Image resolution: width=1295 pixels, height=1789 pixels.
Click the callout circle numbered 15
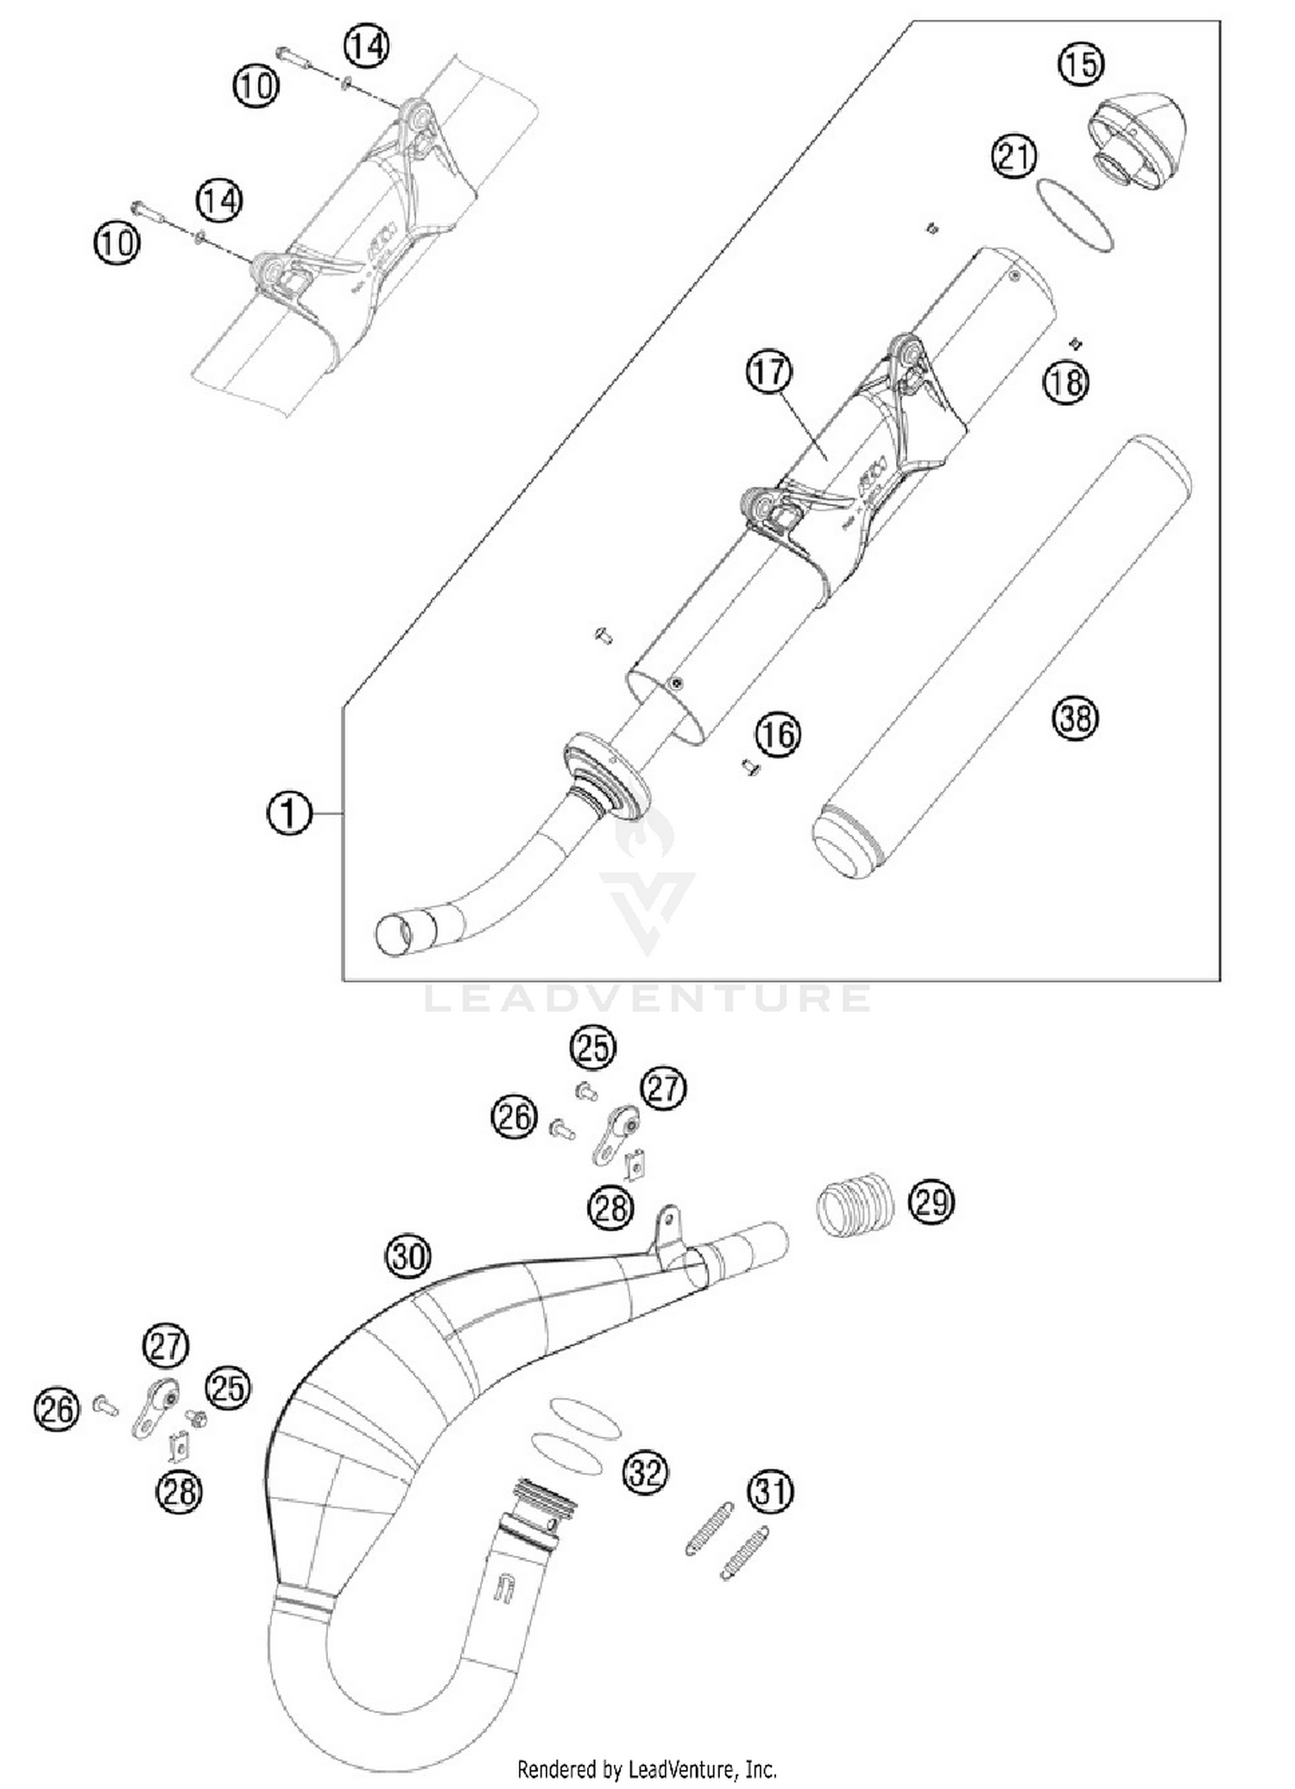point(1082,64)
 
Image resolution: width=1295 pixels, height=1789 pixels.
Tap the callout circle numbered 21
point(1014,156)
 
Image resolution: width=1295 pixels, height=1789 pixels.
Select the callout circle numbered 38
point(1075,718)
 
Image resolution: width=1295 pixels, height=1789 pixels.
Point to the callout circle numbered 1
point(289,813)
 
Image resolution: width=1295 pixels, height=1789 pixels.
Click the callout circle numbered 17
point(769,372)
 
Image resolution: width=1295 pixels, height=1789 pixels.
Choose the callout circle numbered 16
point(778,735)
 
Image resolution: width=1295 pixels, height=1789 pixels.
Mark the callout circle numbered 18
point(1066,382)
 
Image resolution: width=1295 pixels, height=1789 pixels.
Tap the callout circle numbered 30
point(408,1256)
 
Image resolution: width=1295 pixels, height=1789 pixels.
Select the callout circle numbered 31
point(770,1491)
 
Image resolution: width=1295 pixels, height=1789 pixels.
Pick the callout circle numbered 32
point(645,1473)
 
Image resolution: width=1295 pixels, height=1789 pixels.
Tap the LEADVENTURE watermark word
point(647,999)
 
